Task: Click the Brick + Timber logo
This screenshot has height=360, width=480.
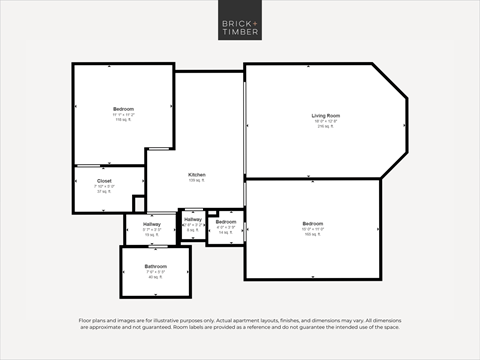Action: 240,27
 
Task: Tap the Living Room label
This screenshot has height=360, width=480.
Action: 326,116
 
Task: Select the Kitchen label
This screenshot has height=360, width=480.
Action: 197,174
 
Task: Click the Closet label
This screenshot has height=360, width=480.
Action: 104,181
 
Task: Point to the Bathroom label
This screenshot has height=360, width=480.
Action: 155,266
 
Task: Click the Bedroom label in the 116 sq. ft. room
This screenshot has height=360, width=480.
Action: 123,108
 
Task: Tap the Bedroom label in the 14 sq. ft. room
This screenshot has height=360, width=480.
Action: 226,221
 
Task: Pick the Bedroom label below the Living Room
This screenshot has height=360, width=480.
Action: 313,223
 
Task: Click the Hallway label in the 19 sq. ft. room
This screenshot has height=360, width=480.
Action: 152,224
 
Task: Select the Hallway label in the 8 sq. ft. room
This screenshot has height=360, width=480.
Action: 193,219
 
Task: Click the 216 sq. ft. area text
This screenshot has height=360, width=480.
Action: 326,127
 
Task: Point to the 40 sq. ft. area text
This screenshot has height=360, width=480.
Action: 155,278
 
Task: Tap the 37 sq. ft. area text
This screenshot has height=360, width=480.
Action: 104,192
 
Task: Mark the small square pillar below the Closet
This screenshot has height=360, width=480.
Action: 139,203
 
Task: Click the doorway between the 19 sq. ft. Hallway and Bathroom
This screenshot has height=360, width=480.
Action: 152,245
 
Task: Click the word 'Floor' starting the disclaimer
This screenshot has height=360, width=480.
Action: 86,321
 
